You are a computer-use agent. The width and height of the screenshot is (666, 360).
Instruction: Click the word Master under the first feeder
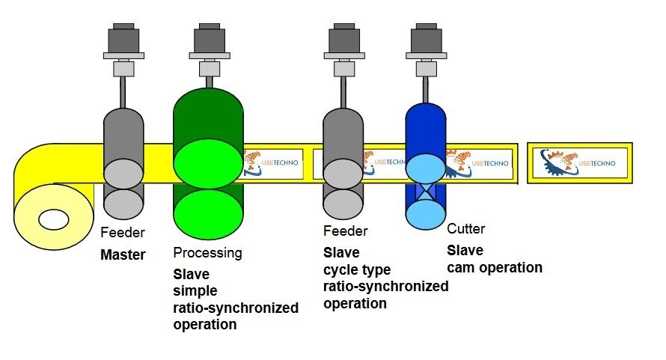click(x=123, y=254)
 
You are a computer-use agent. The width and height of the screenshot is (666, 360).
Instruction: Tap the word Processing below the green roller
click(x=207, y=253)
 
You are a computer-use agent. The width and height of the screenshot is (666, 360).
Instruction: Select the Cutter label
click(x=465, y=229)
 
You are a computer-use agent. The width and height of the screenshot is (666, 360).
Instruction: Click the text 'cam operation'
click(x=494, y=267)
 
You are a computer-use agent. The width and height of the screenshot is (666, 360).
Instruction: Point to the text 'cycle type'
click(x=357, y=269)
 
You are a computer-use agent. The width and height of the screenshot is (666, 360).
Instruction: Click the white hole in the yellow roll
click(x=54, y=220)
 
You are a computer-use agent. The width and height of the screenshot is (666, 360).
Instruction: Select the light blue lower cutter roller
click(x=426, y=214)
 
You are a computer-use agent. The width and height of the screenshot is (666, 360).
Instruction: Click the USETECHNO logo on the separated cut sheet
click(x=580, y=162)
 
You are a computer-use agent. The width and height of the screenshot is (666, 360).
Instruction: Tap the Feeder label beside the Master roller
click(x=123, y=233)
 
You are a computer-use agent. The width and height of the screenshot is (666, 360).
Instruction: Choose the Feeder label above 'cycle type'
click(x=345, y=231)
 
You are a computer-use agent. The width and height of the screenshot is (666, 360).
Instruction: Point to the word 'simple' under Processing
click(x=195, y=290)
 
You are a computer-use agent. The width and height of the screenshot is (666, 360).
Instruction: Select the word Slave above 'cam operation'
click(x=465, y=250)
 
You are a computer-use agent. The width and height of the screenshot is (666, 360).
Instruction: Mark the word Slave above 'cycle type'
click(x=341, y=252)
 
